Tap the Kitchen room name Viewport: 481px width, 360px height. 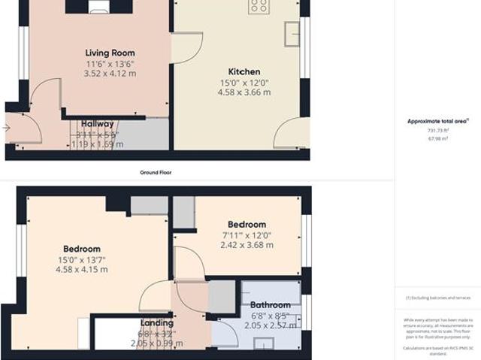[x=244, y=71]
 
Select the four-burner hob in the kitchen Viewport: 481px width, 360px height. [x=259, y=6]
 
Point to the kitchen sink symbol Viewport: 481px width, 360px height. [x=291, y=32]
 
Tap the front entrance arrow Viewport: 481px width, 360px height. [x=7, y=128]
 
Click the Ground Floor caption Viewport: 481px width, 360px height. [x=156, y=172]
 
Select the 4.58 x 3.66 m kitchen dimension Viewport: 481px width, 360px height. [x=244, y=92]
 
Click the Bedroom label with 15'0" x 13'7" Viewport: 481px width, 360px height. [x=81, y=249]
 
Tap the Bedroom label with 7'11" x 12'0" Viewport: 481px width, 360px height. [x=247, y=224]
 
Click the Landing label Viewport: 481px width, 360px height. [x=156, y=323]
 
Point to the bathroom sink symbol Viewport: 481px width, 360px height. [x=263, y=344]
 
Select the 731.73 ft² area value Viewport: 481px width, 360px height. [x=437, y=130]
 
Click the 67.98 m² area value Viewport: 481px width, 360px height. [x=437, y=138]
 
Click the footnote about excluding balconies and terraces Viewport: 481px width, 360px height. [x=437, y=298]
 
